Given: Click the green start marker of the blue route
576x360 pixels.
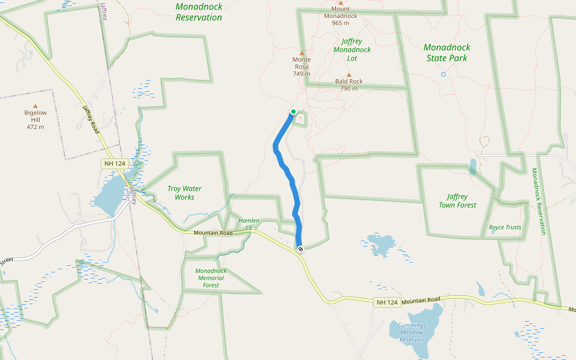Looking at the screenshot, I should coord(293,112).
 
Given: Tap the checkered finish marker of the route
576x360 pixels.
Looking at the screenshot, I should coord(300,248).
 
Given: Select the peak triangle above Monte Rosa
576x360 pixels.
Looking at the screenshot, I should coord(302,53).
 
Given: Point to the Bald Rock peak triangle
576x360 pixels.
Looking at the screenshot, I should coord(349,75).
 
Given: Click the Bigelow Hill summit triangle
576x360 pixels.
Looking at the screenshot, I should coord(35,106).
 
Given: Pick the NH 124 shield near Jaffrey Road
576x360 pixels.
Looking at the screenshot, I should coord(115,163).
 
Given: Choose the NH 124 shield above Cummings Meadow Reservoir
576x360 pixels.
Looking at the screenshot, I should coord(387,302).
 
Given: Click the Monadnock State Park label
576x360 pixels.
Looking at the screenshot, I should coord(447,53).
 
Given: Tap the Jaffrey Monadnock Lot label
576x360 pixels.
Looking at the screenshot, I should coord(352,50).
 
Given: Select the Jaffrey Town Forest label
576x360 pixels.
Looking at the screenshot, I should coord(461,200).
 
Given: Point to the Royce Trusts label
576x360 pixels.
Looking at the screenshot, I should coord(505,227).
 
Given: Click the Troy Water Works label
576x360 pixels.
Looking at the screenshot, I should coord(184,193).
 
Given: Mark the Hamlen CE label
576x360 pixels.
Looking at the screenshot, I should coord(249,224).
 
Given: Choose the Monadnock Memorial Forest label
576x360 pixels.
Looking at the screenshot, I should coord(211,278).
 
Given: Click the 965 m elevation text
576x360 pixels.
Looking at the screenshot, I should coord(340,23).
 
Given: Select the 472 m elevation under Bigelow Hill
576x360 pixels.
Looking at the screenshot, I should coord(35,127).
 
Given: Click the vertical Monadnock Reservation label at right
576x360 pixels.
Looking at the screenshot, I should coord(538,201).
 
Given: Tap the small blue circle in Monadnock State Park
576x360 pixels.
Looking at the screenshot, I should coord(443,74).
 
